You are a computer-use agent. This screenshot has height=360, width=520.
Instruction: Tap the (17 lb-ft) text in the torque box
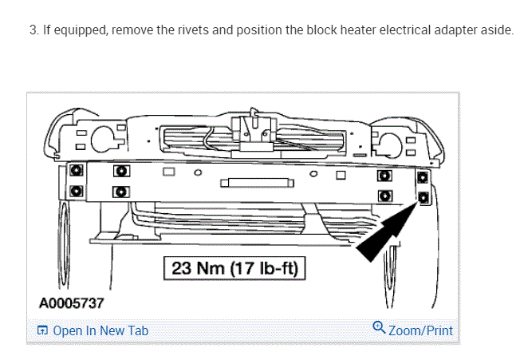pyautogui.click(x=263, y=268)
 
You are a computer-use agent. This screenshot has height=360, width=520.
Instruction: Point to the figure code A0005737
pyautogui.click(x=70, y=303)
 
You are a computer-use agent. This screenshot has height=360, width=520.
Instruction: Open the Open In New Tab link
pyautogui.click(x=100, y=330)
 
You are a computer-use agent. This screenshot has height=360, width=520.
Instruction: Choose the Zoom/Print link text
pyautogui.click(x=420, y=330)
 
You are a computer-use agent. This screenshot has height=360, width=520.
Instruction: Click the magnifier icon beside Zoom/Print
pyautogui.click(x=380, y=328)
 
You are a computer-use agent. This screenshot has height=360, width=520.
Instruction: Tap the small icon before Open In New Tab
pyautogui.click(x=42, y=330)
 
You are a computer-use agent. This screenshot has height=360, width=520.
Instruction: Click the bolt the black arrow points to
pyautogui.click(x=423, y=196)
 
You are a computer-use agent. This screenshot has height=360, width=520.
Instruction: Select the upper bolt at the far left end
pyautogui.click(x=74, y=171)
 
